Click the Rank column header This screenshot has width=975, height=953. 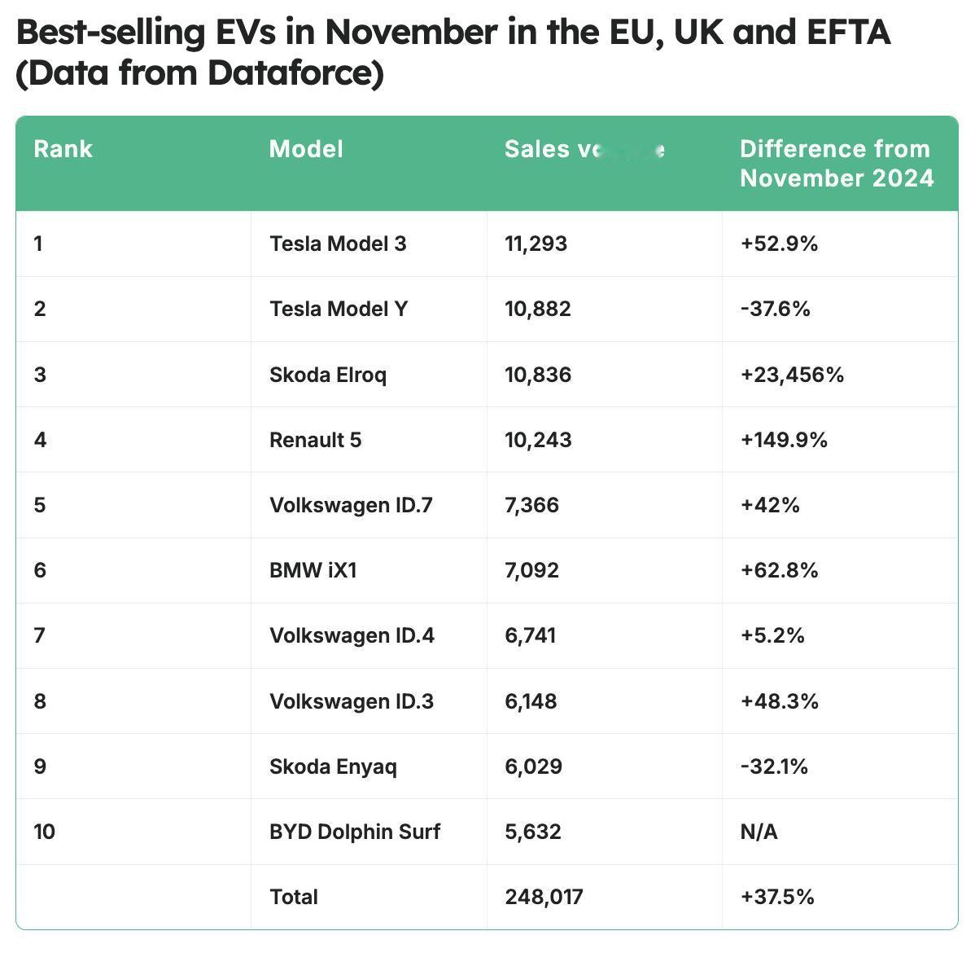coord(63,149)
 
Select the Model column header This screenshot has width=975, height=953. coord(306,149)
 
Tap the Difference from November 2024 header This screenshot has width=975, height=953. coord(836,164)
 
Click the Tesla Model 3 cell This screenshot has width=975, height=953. coord(338,244)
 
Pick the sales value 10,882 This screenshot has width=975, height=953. coord(537,309)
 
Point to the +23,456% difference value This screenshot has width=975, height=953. coord(791,375)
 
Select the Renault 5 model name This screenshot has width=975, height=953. coord(315,440)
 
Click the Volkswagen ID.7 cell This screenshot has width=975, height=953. coord(351,505)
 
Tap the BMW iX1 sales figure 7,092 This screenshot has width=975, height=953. coord(531,570)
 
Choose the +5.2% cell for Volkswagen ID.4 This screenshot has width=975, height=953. coord(772,635)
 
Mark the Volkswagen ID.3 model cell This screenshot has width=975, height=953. coord(352,701)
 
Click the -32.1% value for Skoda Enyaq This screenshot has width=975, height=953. coord(773,766)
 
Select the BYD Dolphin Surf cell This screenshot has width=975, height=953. coord(355,832)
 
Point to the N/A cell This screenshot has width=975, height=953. coord(759,832)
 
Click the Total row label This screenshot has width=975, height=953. coord(294,897)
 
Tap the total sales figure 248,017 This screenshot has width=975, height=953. coord(544,897)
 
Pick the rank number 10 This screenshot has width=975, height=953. coord(45,832)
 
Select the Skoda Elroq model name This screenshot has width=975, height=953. coord(328,375)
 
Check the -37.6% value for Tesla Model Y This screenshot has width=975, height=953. coord(775,309)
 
